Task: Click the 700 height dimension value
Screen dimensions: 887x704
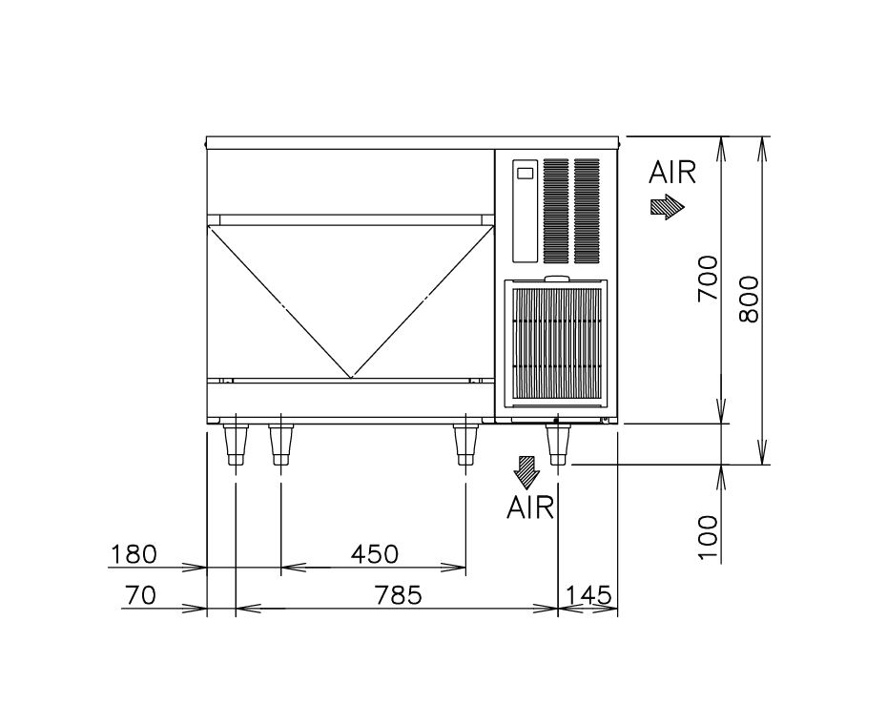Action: [x=708, y=279]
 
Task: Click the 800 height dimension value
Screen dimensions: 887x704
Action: [x=749, y=300]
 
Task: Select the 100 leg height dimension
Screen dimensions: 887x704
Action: [x=708, y=538]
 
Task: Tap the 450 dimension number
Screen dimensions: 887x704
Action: [x=375, y=554]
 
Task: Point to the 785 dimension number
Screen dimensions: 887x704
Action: [x=399, y=595]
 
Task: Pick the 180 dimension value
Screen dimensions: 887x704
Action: [x=134, y=554]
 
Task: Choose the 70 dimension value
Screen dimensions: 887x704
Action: [x=139, y=595]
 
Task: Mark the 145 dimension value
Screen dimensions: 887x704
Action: [x=588, y=595]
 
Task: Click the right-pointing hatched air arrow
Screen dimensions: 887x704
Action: [x=668, y=207]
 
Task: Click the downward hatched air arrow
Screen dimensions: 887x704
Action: [x=527, y=472]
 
